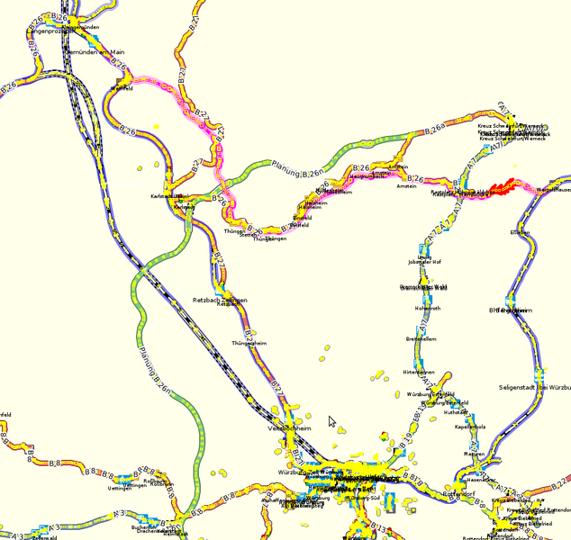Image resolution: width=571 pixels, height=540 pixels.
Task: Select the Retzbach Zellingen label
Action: tap(220, 299)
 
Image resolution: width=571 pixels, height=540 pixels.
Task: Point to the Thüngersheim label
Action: tap(249, 343)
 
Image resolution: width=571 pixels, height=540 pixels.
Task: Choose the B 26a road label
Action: tap(435, 130)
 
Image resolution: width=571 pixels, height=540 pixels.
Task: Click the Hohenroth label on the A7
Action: tap(427, 308)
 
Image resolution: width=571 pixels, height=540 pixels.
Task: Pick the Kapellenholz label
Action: tap(470, 427)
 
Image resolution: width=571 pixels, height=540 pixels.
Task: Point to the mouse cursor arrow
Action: tap(331, 421)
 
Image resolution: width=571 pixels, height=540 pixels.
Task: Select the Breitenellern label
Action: tap(421, 339)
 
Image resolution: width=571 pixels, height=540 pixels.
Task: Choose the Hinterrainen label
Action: tap(420, 372)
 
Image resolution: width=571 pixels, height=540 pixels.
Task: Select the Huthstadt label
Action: tap(457, 412)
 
